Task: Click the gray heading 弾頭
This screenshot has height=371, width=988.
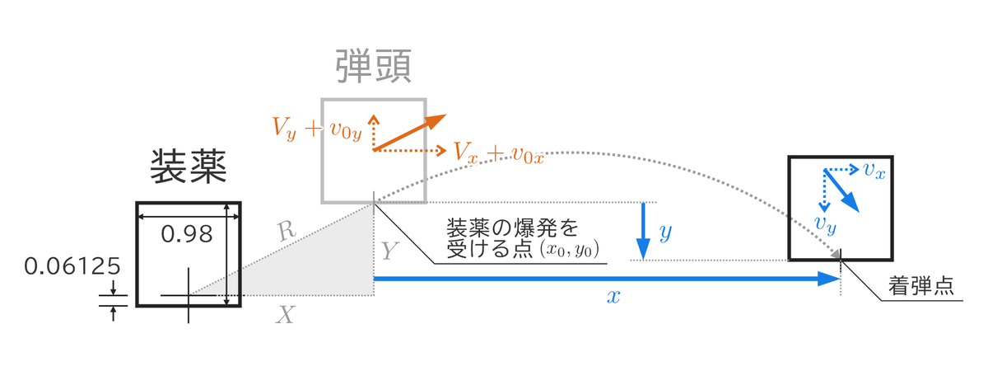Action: coord(374,66)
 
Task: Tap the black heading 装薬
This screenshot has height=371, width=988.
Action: coord(189,167)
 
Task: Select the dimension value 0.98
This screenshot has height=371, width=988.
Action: coord(187,234)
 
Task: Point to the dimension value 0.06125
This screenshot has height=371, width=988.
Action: coord(72,266)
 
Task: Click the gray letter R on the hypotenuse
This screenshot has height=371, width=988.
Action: coord(287,231)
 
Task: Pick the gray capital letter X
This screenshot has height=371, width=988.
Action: coord(286,315)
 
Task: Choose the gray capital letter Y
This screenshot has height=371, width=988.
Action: coord(389,251)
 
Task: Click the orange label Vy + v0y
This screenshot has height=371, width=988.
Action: coord(317,129)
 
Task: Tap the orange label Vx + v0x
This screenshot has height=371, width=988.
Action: coord(499,153)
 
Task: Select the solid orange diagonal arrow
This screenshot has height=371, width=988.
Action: coord(410,133)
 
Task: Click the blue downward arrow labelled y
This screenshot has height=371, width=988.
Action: coord(643,231)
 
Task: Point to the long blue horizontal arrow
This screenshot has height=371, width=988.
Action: coord(607,279)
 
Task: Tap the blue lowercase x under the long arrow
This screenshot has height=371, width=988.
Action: coord(613,296)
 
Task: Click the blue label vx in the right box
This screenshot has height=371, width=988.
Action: coord(874,170)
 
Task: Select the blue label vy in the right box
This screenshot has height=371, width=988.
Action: coord(825,224)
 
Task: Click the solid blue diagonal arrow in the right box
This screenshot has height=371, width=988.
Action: coord(842,190)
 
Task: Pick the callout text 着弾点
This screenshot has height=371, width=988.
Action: coord(921,286)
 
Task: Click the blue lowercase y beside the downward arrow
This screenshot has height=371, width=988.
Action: coord(665,232)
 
